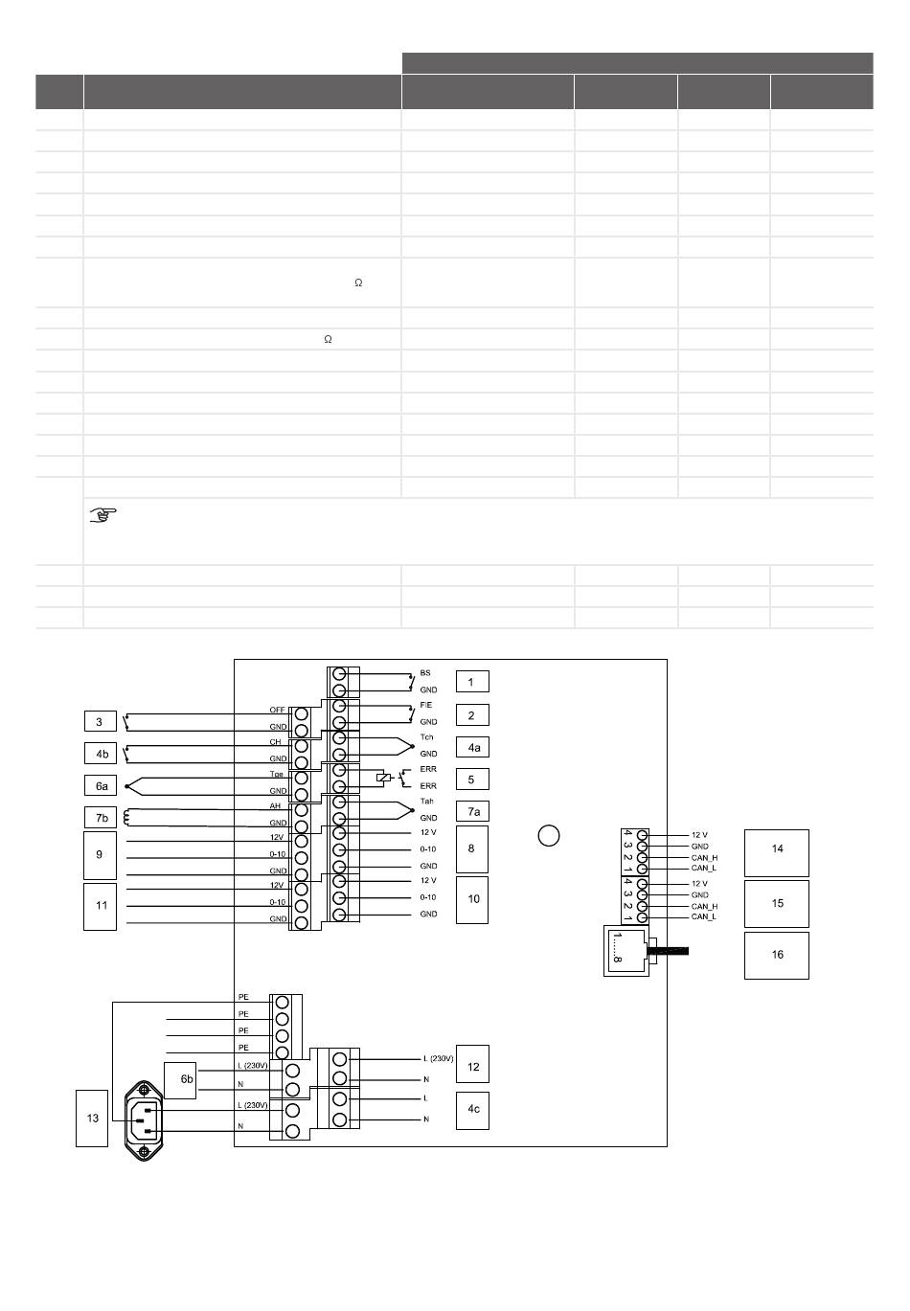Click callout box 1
point(471,682)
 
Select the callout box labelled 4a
point(471,747)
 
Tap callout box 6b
point(180,1079)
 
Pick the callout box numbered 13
point(93,1118)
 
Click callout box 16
point(777,955)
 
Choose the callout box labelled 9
point(101,854)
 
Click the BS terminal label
point(425,673)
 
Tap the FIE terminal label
point(426,705)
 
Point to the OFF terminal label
point(277,711)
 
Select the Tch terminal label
point(426,737)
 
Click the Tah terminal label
point(426,802)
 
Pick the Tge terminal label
point(277,774)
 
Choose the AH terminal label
point(275,806)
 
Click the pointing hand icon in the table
point(102,516)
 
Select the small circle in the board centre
point(548,836)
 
